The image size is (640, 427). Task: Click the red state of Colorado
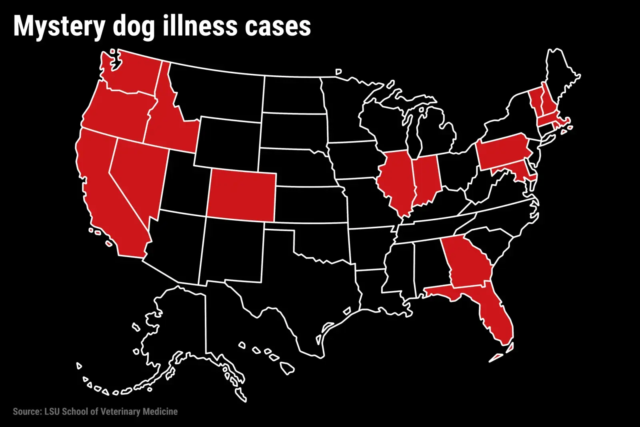[x=241, y=195]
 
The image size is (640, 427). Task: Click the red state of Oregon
[x=116, y=110]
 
